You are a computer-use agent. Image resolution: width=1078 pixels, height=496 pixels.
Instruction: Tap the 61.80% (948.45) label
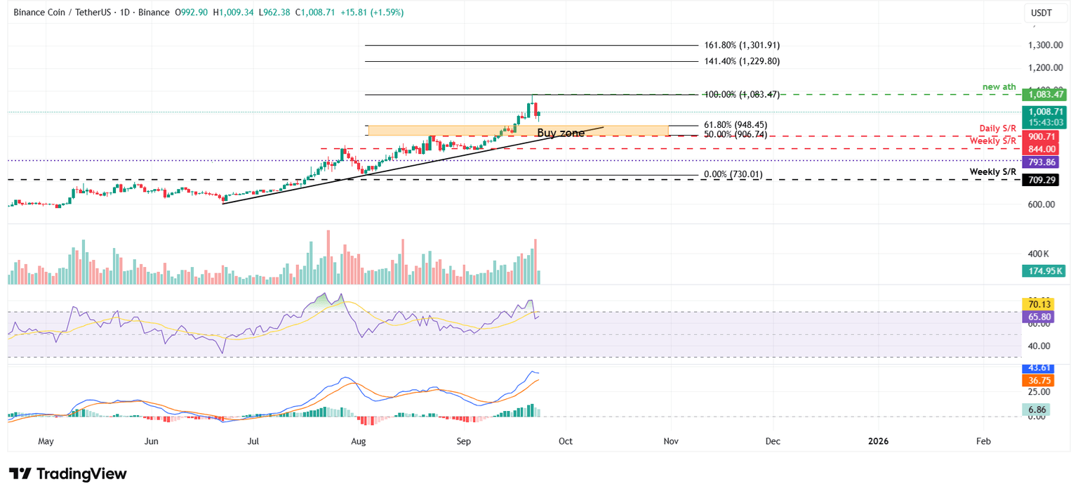coord(736,125)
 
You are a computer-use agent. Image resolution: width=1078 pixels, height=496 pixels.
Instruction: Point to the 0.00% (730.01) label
coord(733,174)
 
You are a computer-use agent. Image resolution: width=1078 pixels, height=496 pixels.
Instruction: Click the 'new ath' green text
coord(999,87)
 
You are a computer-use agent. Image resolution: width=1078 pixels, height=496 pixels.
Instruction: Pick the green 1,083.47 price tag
coord(1046,94)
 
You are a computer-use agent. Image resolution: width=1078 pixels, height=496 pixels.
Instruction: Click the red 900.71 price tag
coord(1046,136)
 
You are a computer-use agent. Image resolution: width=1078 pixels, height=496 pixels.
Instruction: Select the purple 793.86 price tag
coord(1046,162)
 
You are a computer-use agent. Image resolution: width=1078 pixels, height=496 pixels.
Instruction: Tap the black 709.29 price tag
coord(1046,180)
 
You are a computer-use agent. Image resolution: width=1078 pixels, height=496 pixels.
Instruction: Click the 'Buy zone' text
coord(560,133)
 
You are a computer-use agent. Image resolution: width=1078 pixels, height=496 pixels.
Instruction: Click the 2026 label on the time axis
coord(877,441)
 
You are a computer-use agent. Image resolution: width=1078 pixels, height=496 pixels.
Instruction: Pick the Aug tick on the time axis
coord(358,441)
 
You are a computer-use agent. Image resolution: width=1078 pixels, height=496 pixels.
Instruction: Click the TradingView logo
coord(68,474)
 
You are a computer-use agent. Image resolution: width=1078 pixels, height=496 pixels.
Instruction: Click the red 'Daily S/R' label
coord(997,129)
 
